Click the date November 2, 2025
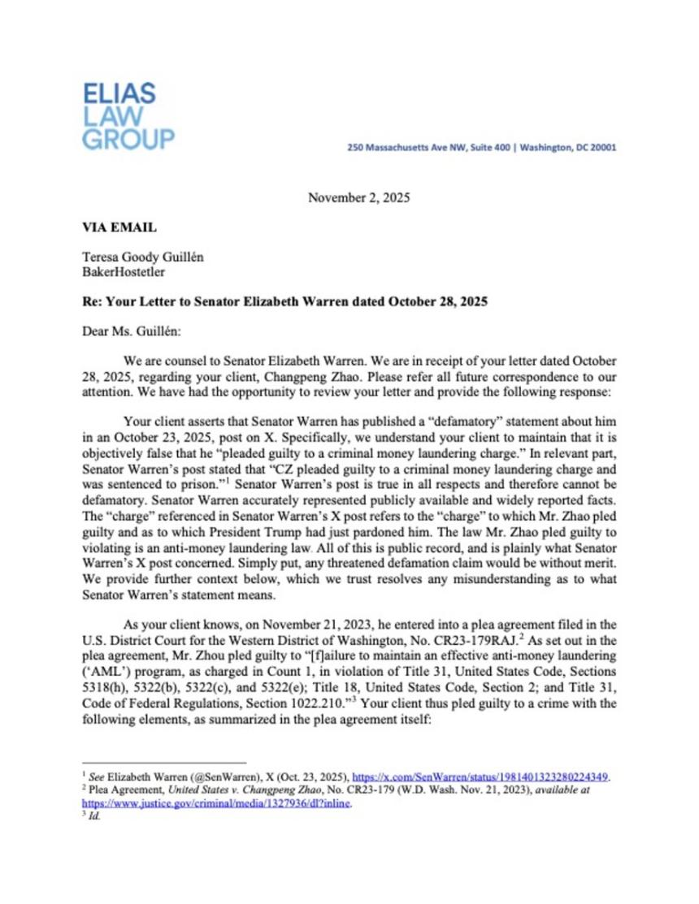tap(358, 197)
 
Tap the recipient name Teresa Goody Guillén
tap(142, 257)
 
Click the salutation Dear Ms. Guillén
tap(128, 331)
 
